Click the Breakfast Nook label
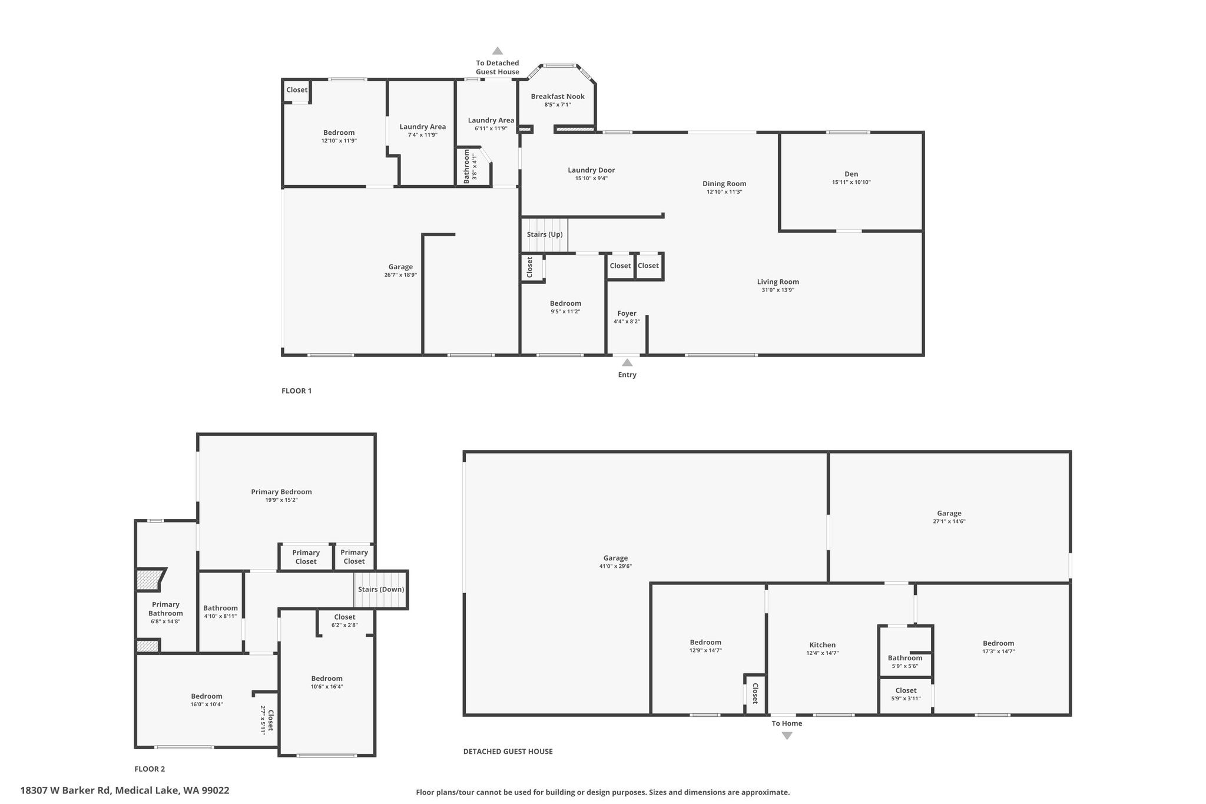tap(558, 97)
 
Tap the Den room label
tap(851, 174)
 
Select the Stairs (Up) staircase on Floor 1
tap(545, 235)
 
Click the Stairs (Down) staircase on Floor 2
tap(380, 590)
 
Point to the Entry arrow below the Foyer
tap(627, 362)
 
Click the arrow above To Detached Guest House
tap(498, 51)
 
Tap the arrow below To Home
tap(787, 736)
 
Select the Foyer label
tap(627, 313)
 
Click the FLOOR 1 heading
tap(296, 391)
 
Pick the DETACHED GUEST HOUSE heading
tap(508, 751)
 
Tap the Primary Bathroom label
tap(165, 609)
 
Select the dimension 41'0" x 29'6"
tap(615, 567)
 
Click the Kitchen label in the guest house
tap(822, 645)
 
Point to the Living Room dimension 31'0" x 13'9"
tap(778, 290)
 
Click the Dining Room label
tap(724, 184)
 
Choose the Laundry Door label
tap(591, 170)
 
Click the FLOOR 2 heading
tap(150, 769)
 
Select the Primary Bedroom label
tap(281, 492)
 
